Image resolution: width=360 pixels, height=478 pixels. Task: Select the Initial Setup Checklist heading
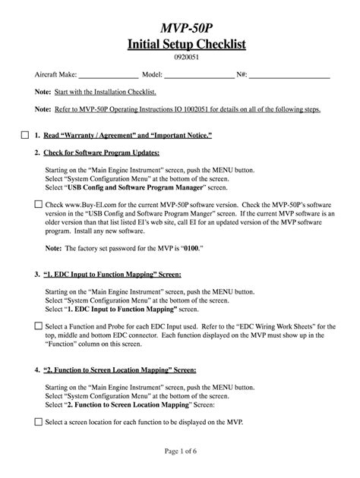coord(179,45)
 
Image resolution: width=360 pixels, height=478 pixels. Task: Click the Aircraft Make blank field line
coord(108,75)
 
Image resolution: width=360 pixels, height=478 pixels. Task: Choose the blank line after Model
coord(200,75)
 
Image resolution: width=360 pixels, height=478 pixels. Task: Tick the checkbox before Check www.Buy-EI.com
coord(39,204)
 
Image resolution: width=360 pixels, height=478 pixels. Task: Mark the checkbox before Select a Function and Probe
coord(39,325)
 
